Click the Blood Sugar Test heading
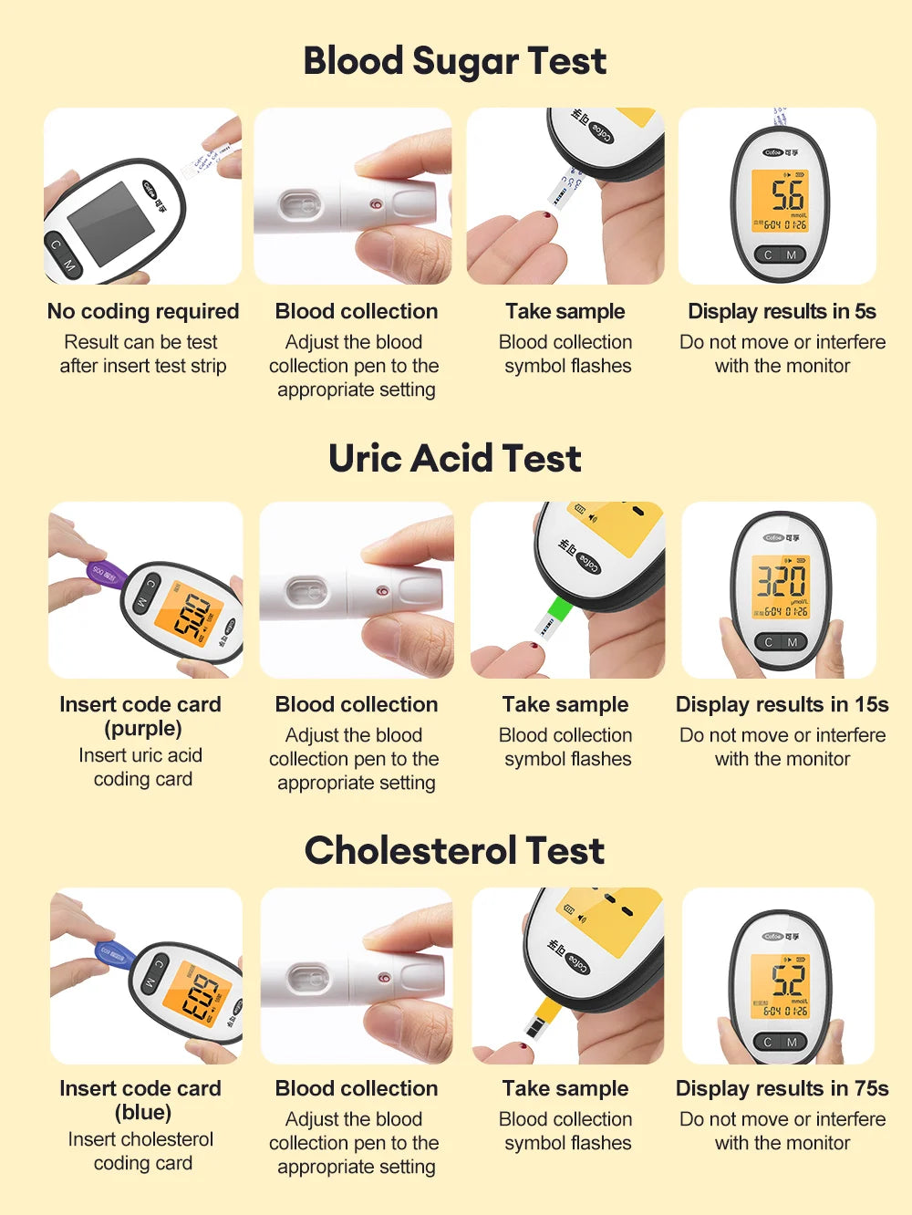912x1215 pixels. tap(454, 62)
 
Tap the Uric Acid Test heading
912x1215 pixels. tap(454, 458)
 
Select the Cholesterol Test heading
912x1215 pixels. tap(454, 850)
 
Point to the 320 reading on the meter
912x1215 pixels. tap(782, 580)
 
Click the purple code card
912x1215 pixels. tap(106, 574)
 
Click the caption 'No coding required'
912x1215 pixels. tap(143, 312)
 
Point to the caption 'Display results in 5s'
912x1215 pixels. tap(782, 312)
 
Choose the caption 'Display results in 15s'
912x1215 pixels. tap(782, 705)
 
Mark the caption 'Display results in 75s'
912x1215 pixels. tap(782, 1089)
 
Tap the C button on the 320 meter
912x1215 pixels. tap(768, 642)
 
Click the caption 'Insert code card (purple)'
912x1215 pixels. tap(140, 716)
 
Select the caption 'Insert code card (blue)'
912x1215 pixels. tap(140, 1100)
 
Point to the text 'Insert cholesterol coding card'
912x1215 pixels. tap(141, 1151)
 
